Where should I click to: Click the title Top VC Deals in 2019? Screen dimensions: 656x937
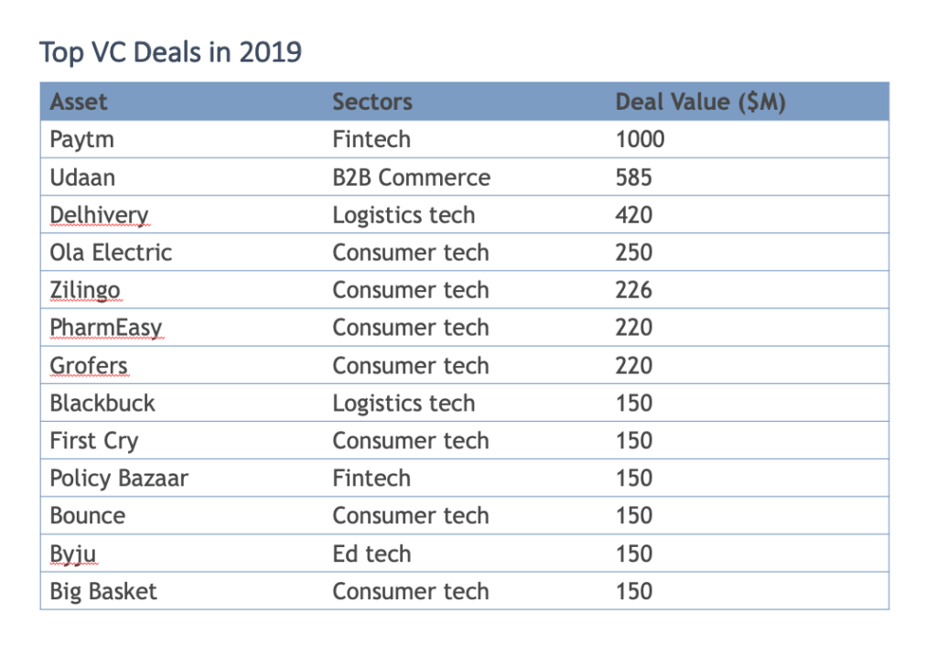tap(170, 52)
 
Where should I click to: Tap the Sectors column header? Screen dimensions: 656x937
tap(372, 102)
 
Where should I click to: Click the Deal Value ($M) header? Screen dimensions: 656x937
tap(700, 102)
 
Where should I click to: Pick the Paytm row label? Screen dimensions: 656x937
tap(81, 140)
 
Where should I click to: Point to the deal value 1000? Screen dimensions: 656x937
tap(640, 140)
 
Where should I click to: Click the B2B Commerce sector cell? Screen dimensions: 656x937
tap(411, 177)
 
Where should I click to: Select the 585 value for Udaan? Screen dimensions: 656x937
tap(634, 177)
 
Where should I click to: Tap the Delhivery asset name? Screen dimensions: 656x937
tap(99, 215)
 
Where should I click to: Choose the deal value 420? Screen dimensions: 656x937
tap(634, 215)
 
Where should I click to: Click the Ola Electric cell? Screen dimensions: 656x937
tap(111, 253)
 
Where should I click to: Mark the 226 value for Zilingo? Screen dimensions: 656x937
tap(634, 290)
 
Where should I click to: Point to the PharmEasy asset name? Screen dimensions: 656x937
tap(105, 328)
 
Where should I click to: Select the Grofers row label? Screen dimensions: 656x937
tap(89, 366)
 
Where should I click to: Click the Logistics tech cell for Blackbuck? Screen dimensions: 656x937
tap(404, 403)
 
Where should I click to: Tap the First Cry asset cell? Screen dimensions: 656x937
tap(94, 441)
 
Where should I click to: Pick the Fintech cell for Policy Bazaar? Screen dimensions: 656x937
tap(372, 479)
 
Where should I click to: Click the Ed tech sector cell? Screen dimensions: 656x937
tap(372, 554)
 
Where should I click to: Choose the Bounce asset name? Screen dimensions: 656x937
tap(88, 516)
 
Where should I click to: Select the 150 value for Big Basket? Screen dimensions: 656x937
tap(634, 591)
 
